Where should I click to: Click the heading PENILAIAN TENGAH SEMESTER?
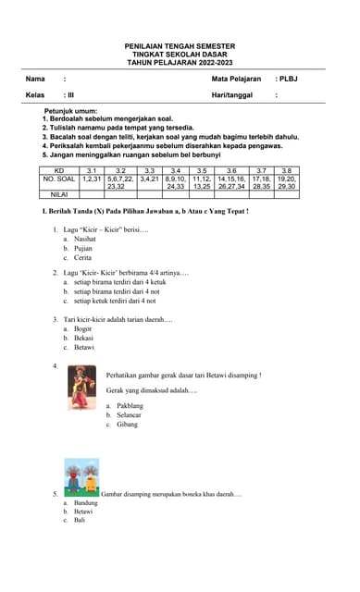(x=180, y=46)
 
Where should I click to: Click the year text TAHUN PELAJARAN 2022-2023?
(x=180, y=63)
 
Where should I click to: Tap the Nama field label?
(x=35, y=80)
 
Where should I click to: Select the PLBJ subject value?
(x=288, y=80)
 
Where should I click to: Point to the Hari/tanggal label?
(x=230, y=95)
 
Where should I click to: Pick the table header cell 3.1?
(x=92, y=171)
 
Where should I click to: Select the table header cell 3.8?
(x=287, y=171)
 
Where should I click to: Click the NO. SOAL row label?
(x=59, y=179)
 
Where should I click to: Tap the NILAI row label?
(x=59, y=194)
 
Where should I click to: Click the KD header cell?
(x=59, y=171)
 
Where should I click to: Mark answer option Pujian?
(x=84, y=248)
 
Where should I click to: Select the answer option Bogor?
(x=83, y=328)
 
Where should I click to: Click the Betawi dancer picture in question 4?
(x=81, y=388)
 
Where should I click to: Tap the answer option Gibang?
(x=128, y=425)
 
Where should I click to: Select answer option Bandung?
(x=86, y=503)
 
